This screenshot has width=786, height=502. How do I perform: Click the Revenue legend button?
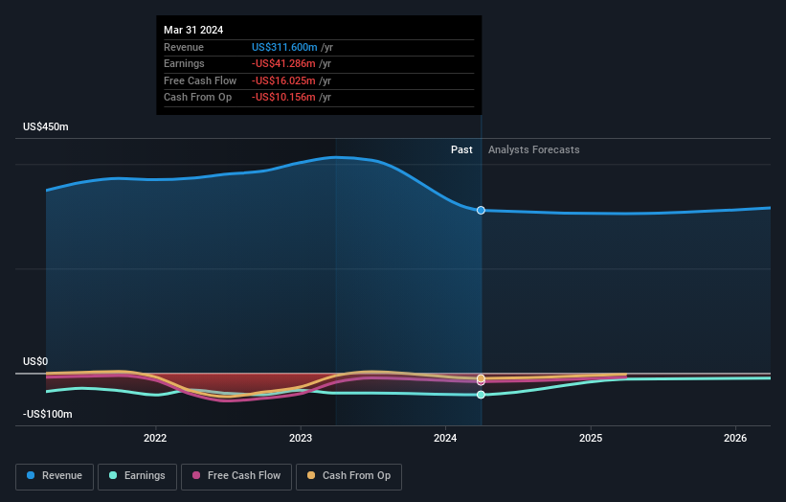[x=56, y=476]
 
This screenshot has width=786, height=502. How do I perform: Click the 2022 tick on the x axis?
[x=155, y=439]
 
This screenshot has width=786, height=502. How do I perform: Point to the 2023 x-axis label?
[x=301, y=439]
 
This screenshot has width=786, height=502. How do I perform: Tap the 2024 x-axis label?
[x=445, y=439]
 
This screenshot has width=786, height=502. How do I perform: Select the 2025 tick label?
[x=591, y=439]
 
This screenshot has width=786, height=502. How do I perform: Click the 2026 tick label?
[x=735, y=439]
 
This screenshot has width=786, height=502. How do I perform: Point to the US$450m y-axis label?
[x=46, y=127]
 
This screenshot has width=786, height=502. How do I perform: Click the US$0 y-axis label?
[x=35, y=361]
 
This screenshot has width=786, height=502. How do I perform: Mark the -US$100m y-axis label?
[x=49, y=414]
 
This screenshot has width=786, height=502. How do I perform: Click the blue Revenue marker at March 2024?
[x=481, y=210]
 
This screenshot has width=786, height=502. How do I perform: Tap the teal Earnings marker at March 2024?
[x=481, y=395]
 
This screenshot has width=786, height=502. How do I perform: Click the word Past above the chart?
[x=461, y=149]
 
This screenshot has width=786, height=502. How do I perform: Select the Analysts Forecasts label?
[x=533, y=149]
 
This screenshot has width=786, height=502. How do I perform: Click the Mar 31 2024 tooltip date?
[x=193, y=30]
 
